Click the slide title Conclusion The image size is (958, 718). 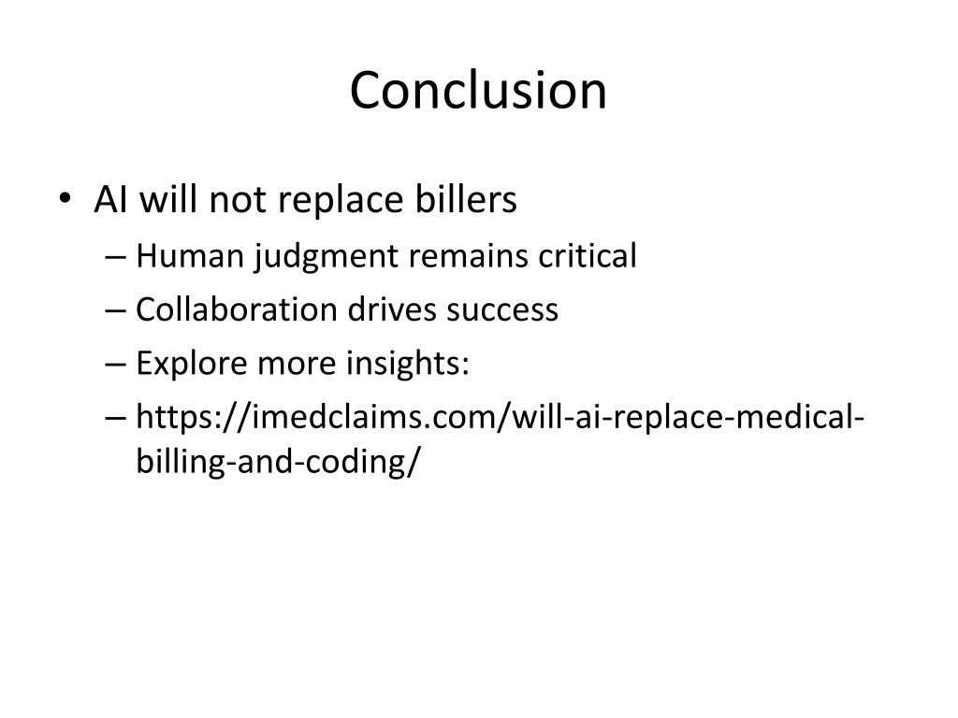pyautogui.click(x=478, y=91)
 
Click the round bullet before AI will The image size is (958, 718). pyautogui.click(x=65, y=198)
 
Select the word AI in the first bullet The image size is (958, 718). pyautogui.click(x=111, y=200)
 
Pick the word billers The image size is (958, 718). pyautogui.click(x=466, y=199)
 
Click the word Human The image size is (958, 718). pyautogui.click(x=190, y=256)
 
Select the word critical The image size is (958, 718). pyautogui.click(x=588, y=255)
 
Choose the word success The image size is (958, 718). pyautogui.click(x=502, y=310)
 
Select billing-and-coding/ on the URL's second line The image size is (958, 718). pyautogui.click(x=279, y=462)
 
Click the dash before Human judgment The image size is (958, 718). pyautogui.click(x=115, y=258)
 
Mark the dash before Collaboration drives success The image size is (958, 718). pyautogui.click(x=115, y=311)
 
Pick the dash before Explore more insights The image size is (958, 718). pyautogui.click(x=115, y=366)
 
